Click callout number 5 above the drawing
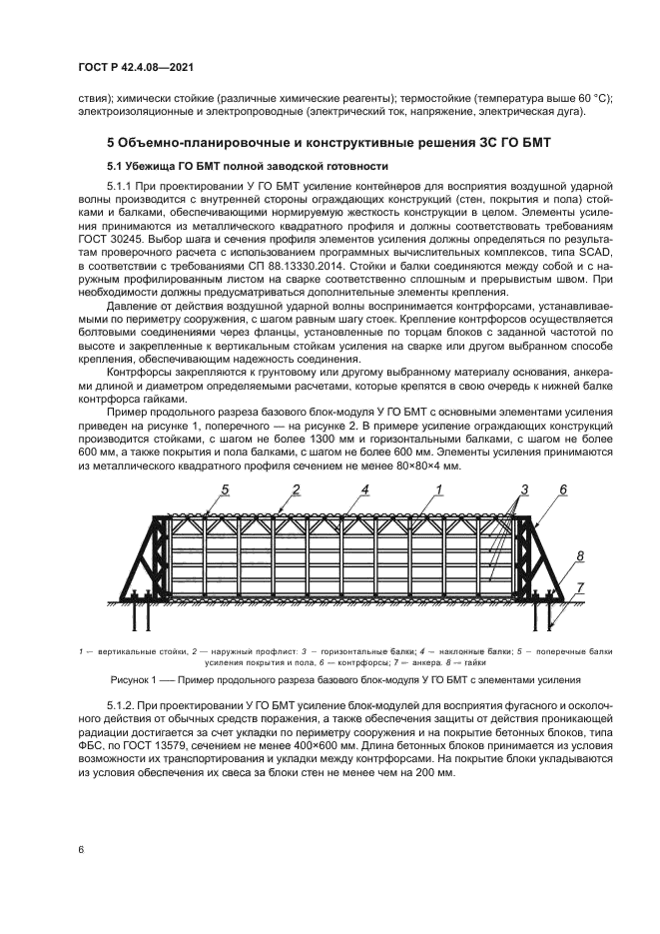point(226,489)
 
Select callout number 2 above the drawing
point(297,489)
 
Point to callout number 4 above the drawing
point(365,489)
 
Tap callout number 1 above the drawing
point(438,489)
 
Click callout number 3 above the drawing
point(521,489)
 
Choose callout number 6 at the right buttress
point(563,489)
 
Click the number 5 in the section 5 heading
point(111,144)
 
